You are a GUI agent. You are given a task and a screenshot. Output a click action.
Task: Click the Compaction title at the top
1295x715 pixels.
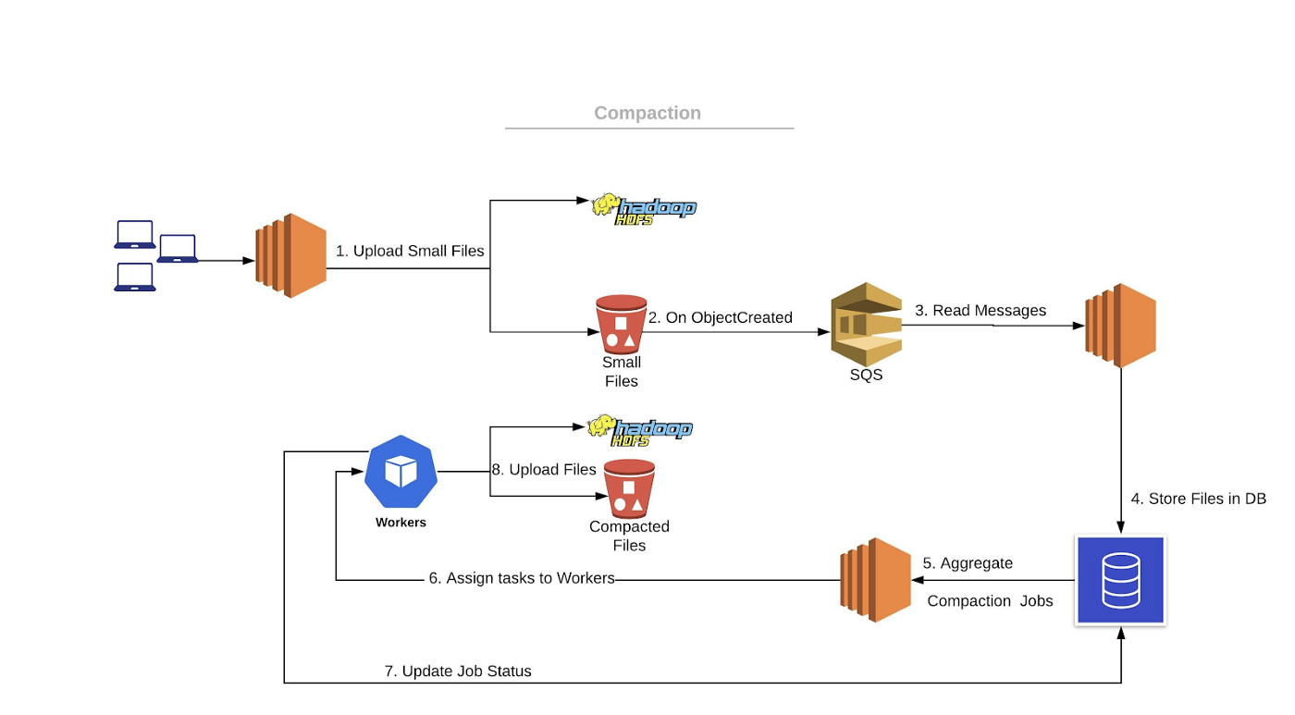click(647, 113)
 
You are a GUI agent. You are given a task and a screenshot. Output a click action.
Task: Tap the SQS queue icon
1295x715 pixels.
click(866, 323)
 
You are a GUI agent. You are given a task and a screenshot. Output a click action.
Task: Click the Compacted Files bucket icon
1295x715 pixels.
click(629, 489)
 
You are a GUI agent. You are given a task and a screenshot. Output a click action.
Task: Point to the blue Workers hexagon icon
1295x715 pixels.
click(401, 472)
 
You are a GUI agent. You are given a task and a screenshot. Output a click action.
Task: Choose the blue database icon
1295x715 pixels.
click(1120, 580)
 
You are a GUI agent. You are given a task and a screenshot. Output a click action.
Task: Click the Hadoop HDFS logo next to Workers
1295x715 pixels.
click(640, 429)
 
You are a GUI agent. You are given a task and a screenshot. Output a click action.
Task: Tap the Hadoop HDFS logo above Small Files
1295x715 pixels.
click(644, 208)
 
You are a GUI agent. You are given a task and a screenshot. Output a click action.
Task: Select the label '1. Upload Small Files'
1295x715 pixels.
click(410, 251)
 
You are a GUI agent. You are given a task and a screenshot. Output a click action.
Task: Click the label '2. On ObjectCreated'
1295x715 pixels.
click(720, 317)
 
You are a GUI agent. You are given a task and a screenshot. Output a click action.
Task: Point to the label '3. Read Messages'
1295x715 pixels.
click(980, 310)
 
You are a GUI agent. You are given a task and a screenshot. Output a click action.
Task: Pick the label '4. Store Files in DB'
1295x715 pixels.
click(1198, 499)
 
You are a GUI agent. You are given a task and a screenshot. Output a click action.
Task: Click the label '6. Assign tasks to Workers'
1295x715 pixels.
click(522, 578)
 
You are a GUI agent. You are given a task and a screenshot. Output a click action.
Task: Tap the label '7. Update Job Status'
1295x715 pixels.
click(458, 671)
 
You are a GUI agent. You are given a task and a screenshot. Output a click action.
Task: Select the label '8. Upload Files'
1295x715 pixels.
click(544, 470)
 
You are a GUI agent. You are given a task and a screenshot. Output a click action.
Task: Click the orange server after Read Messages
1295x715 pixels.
click(1120, 326)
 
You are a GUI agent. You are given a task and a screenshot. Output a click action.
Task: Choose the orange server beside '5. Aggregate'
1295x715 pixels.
click(875, 579)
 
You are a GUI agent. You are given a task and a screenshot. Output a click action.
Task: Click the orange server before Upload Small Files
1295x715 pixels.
click(290, 255)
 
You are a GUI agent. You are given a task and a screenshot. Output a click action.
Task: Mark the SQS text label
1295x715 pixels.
click(866, 375)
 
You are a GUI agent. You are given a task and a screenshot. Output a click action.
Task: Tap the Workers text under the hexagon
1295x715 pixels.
click(401, 523)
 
